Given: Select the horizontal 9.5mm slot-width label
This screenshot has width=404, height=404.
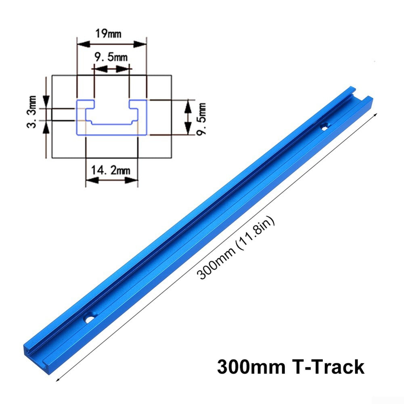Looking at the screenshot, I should click(111, 58).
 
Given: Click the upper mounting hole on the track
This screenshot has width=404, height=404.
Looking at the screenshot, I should click(324, 127).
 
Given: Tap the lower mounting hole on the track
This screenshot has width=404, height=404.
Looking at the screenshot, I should click(88, 319).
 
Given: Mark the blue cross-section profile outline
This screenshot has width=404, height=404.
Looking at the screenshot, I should click(111, 117).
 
